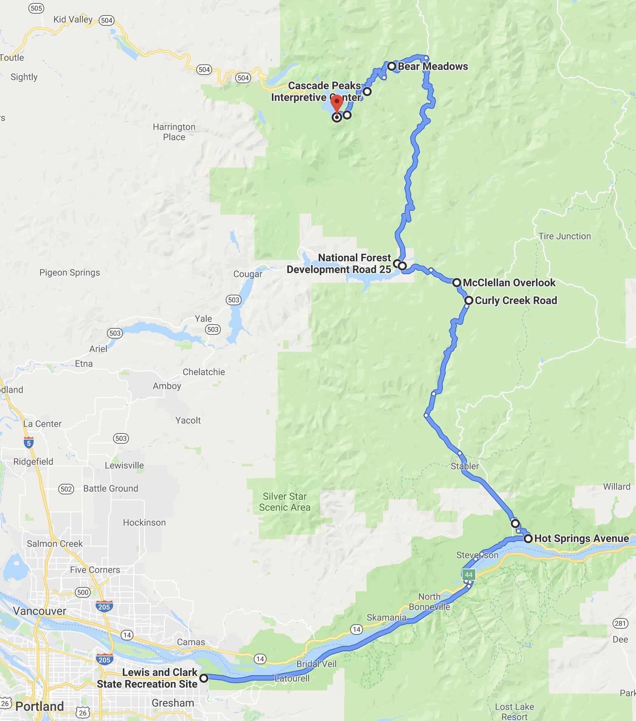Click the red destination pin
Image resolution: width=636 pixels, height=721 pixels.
(337, 102)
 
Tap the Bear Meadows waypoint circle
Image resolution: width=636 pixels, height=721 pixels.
(392, 67)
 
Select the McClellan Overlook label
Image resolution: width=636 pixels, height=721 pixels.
(509, 283)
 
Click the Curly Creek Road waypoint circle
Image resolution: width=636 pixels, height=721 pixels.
(469, 300)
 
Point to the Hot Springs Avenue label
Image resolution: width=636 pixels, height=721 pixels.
(581, 538)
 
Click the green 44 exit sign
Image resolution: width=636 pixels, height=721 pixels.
(469, 575)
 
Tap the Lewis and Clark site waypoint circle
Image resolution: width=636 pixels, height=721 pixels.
(204, 678)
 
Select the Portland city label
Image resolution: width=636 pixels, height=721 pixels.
(40, 706)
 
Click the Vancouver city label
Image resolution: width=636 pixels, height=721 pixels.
(40, 611)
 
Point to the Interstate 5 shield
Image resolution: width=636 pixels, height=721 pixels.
(29, 442)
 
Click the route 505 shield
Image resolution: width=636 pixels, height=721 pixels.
(36, 8)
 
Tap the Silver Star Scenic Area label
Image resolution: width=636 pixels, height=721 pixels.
(285, 502)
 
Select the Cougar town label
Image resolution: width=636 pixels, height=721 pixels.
(248, 274)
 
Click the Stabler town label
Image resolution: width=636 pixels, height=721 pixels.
(465, 466)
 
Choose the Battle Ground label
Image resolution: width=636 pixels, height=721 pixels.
(111, 488)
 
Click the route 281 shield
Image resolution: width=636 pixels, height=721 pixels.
(620, 623)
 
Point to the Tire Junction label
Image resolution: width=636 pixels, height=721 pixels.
(565, 236)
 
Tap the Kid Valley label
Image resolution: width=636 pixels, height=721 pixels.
(73, 19)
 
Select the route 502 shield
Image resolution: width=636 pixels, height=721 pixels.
(66, 489)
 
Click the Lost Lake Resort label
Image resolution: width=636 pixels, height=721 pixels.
(514, 711)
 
